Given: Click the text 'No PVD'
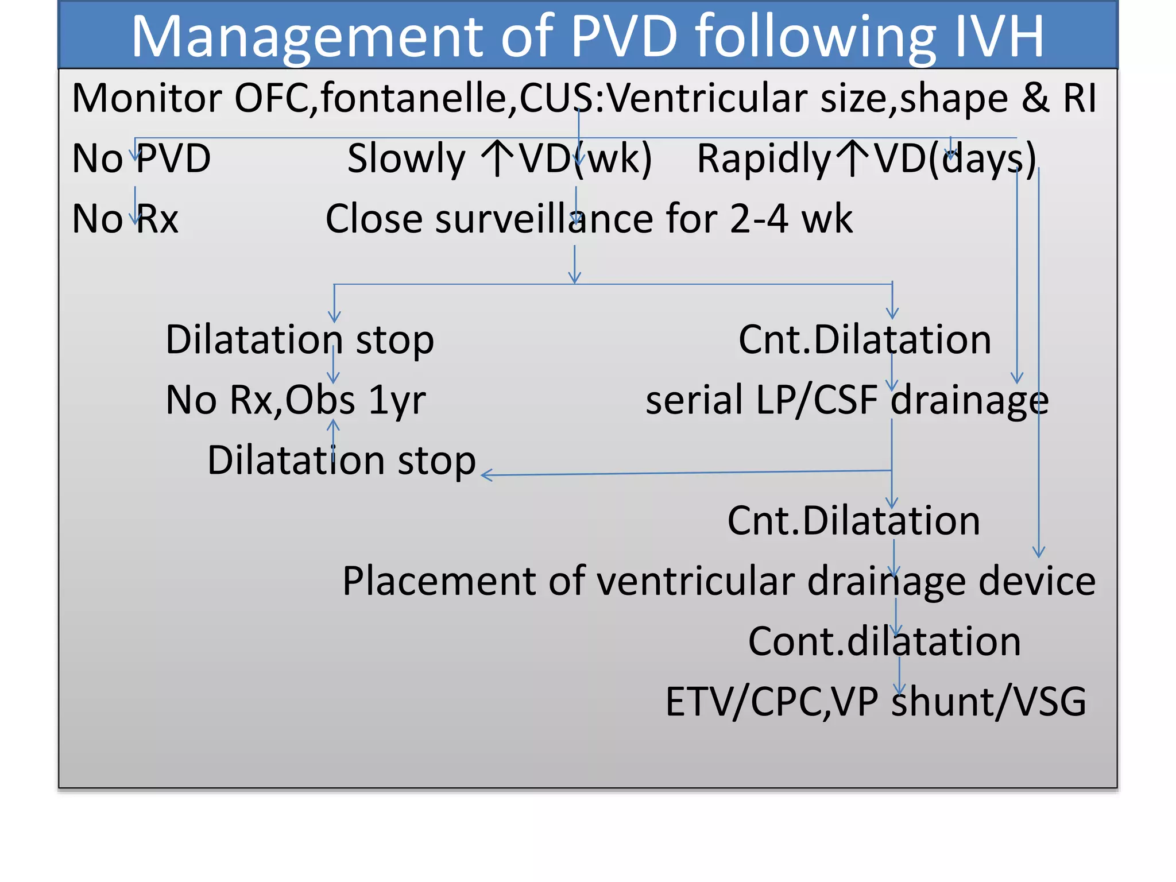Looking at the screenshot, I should pyautogui.click(x=141, y=158).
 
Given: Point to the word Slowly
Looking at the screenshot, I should pyautogui.click(x=406, y=160).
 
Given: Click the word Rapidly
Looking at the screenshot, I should pyautogui.click(x=763, y=160).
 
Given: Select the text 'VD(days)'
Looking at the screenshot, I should pyautogui.click(x=954, y=160).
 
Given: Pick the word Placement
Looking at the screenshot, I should pyautogui.click(x=438, y=581).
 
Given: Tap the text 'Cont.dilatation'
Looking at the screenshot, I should pyautogui.click(x=884, y=641).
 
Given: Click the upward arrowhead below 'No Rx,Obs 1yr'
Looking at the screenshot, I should pyautogui.click(x=334, y=425).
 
